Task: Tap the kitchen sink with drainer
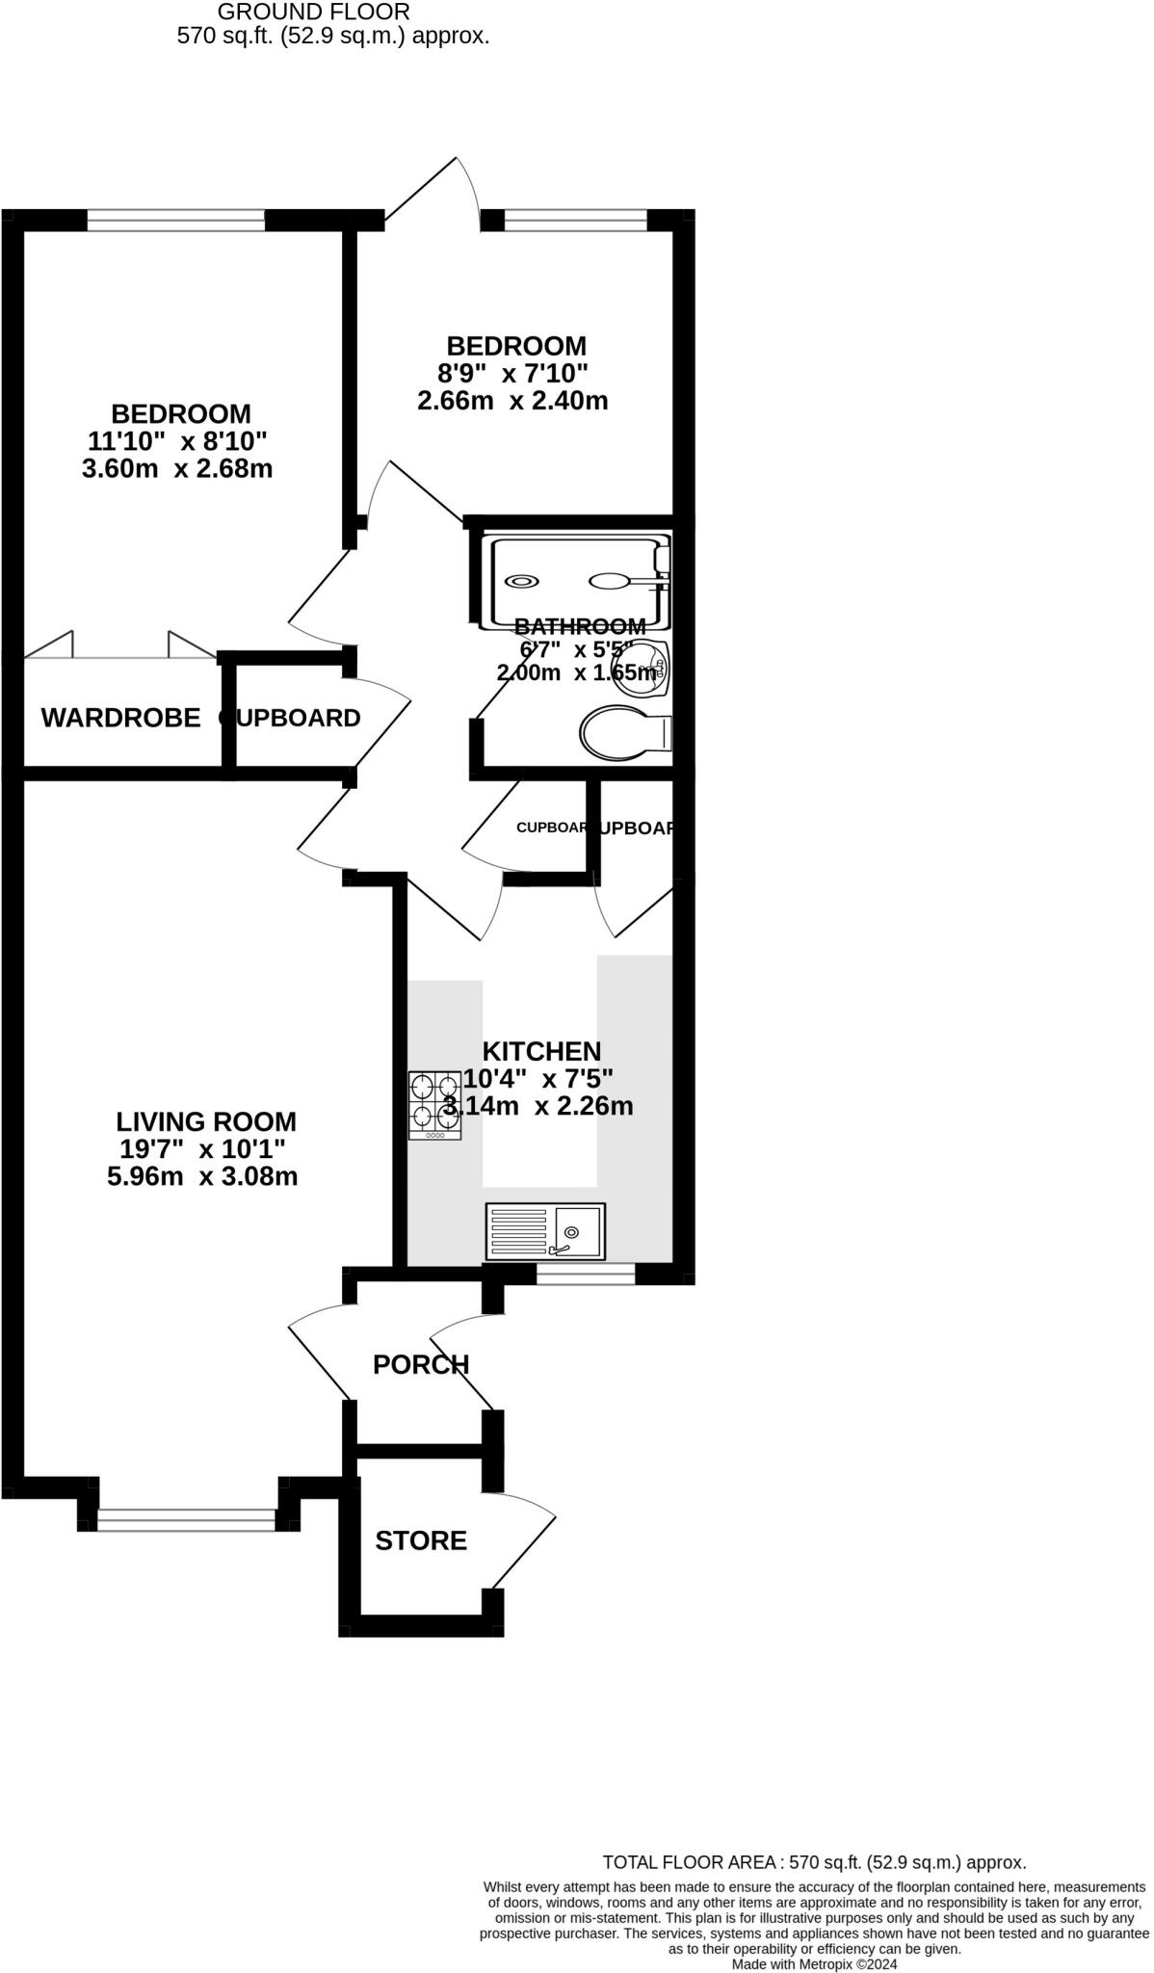pyautogui.click(x=545, y=1231)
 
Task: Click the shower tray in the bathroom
pyautogui.click(x=578, y=581)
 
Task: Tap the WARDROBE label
pyautogui.click(x=120, y=718)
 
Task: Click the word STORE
pyautogui.click(x=421, y=1540)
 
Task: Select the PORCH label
pyautogui.click(x=421, y=1364)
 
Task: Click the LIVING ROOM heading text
pyautogui.click(x=206, y=1121)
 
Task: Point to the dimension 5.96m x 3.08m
pyautogui.click(x=202, y=1176)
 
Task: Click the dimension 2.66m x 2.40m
pyautogui.click(x=512, y=401)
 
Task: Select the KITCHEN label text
pyautogui.click(x=541, y=1051)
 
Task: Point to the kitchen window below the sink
pyautogui.click(x=586, y=1275)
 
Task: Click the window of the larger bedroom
pyautogui.click(x=175, y=222)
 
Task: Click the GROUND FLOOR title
pyautogui.click(x=314, y=12)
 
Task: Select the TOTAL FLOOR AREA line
pyautogui.click(x=814, y=1862)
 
